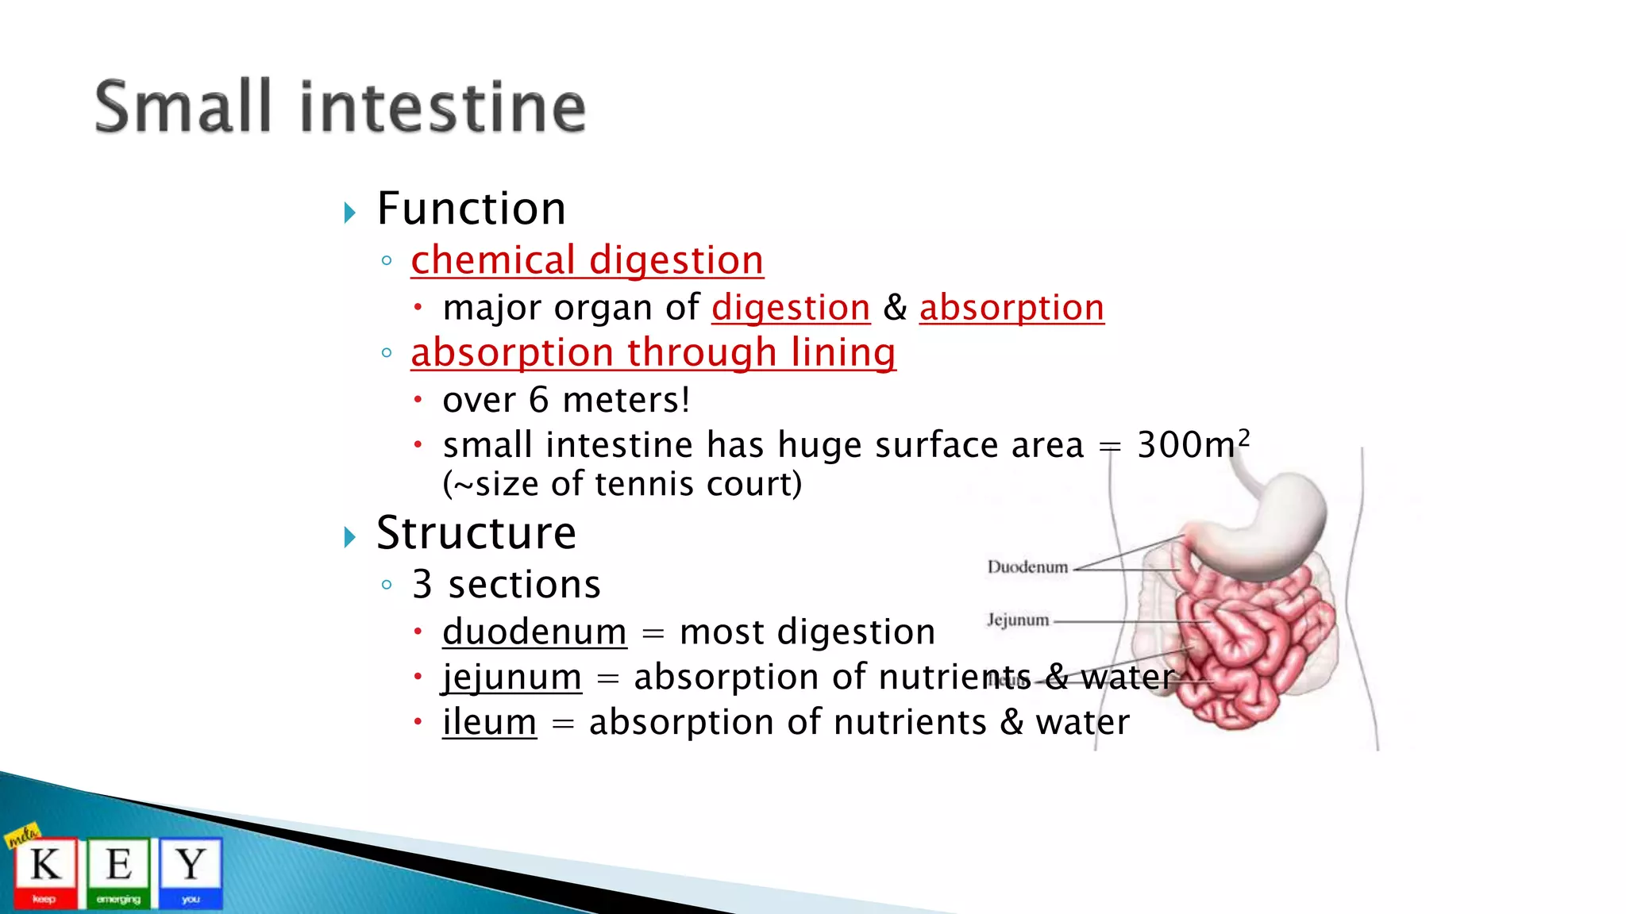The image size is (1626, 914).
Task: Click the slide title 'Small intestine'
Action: click(340, 107)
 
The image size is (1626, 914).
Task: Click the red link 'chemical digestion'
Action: click(587, 261)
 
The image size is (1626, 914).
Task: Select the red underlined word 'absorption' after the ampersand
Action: click(1011, 308)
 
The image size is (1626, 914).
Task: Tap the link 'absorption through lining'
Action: click(653, 353)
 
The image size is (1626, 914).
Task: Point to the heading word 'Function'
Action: click(471, 209)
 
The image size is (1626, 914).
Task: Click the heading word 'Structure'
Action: click(476, 532)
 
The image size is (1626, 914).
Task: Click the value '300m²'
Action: click(1192, 444)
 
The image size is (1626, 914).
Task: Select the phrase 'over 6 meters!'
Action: click(566, 400)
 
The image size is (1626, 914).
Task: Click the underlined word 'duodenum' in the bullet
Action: click(534, 632)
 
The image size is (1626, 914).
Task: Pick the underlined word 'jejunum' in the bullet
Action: click(512, 678)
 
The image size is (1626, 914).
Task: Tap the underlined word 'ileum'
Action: click(489, 723)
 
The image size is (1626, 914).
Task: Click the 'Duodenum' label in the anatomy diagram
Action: click(1027, 567)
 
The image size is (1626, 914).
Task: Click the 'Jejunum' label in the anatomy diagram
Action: click(1017, 620)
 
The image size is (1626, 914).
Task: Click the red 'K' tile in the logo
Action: click(45, 871)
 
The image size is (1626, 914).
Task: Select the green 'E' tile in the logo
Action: click(118, 871)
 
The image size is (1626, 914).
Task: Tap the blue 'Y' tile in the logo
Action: click(191, 871)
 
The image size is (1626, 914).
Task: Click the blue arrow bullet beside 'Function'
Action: click(349, 213)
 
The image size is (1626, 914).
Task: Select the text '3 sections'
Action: click(506, 585)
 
